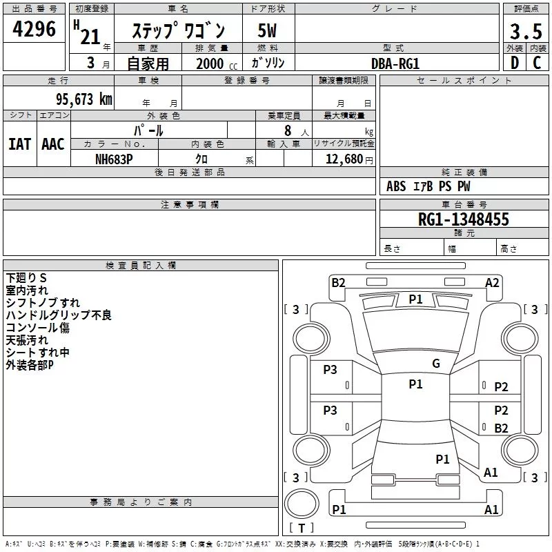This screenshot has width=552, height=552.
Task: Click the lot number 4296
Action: click(x=34, y=29)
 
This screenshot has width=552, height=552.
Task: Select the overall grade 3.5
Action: click(x=526, y=31)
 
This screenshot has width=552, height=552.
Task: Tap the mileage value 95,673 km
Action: click(x=84, y=99)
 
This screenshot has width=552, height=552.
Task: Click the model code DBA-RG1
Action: click(x=395, y=63)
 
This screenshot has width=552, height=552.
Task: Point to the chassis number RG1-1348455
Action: click(x=463, y=219)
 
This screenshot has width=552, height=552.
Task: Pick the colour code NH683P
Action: click(x=114, y=159)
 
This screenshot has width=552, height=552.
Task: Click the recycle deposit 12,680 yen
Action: click(x=349, y=159)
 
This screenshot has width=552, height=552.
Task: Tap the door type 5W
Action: click(x=267, y=30)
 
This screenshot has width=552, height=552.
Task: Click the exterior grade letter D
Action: click(x=515, y=63)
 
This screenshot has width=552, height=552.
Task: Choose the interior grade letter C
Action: click(x=537, y=63)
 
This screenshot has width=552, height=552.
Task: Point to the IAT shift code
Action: click(x=20, y=144)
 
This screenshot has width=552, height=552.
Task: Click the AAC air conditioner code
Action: click(x=53, y=144)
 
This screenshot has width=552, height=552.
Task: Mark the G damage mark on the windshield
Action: click(x=436, y=364)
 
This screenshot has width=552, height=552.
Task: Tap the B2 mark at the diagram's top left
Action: click(x=338, y=283)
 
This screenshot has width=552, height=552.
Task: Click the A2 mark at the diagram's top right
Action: click(x=492, y=283)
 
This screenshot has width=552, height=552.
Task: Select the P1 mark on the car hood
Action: click(x=415, y=299)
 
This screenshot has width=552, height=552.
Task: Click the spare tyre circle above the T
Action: click(x=302, y=504)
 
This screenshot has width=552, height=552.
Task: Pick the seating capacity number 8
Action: click(x=288, y=130)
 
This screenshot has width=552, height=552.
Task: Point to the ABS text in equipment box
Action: click(x=396, y=186)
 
